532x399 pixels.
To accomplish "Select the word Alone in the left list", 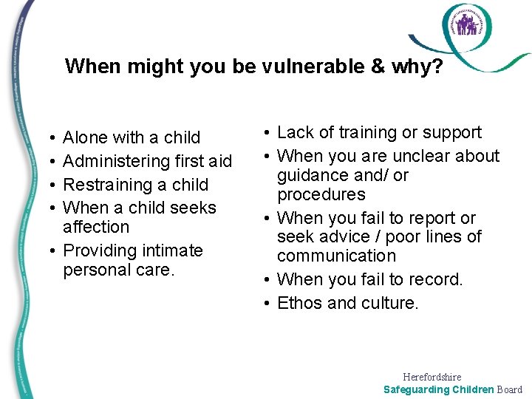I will click(x=84, y=137).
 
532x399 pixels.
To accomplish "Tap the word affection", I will click(x=96, y=227).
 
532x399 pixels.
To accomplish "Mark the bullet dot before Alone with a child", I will click(x=47, y=138).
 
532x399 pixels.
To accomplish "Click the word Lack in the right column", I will click(x=295, y=132).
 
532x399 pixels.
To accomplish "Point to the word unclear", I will click(x=420, y=156).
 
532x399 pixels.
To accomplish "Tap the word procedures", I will click(x=321, y=194).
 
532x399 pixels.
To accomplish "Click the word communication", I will click(x=336, y=256).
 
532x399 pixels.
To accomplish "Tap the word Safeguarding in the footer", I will click(x=417, y=389).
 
